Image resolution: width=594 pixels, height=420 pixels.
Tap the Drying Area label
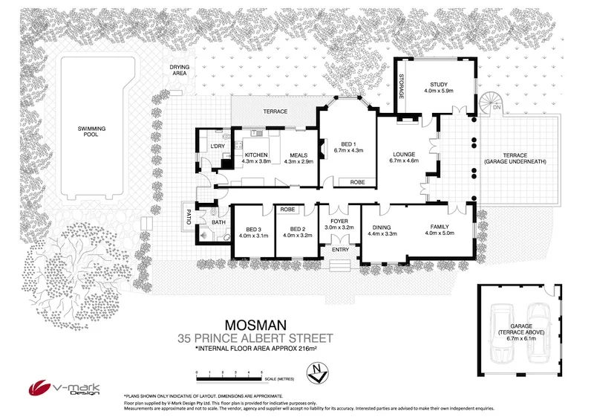click(179, 70)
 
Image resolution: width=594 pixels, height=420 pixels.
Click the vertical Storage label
click(401, 88)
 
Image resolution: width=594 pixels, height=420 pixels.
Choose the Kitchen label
click(255, 155)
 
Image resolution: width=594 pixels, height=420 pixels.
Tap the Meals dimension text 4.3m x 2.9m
click(298, 161)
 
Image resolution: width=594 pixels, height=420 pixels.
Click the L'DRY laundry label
click(217, 146)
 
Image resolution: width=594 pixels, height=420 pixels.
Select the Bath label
click(218, 222)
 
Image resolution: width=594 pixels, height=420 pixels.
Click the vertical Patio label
click(189, 220)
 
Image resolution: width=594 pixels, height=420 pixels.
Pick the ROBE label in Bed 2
click(288, 210)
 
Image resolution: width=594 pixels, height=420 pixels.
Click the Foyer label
click(339, 221)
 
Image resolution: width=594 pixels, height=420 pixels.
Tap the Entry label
click(340, 250)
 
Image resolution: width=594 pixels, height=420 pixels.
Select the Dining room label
click(382, 227)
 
